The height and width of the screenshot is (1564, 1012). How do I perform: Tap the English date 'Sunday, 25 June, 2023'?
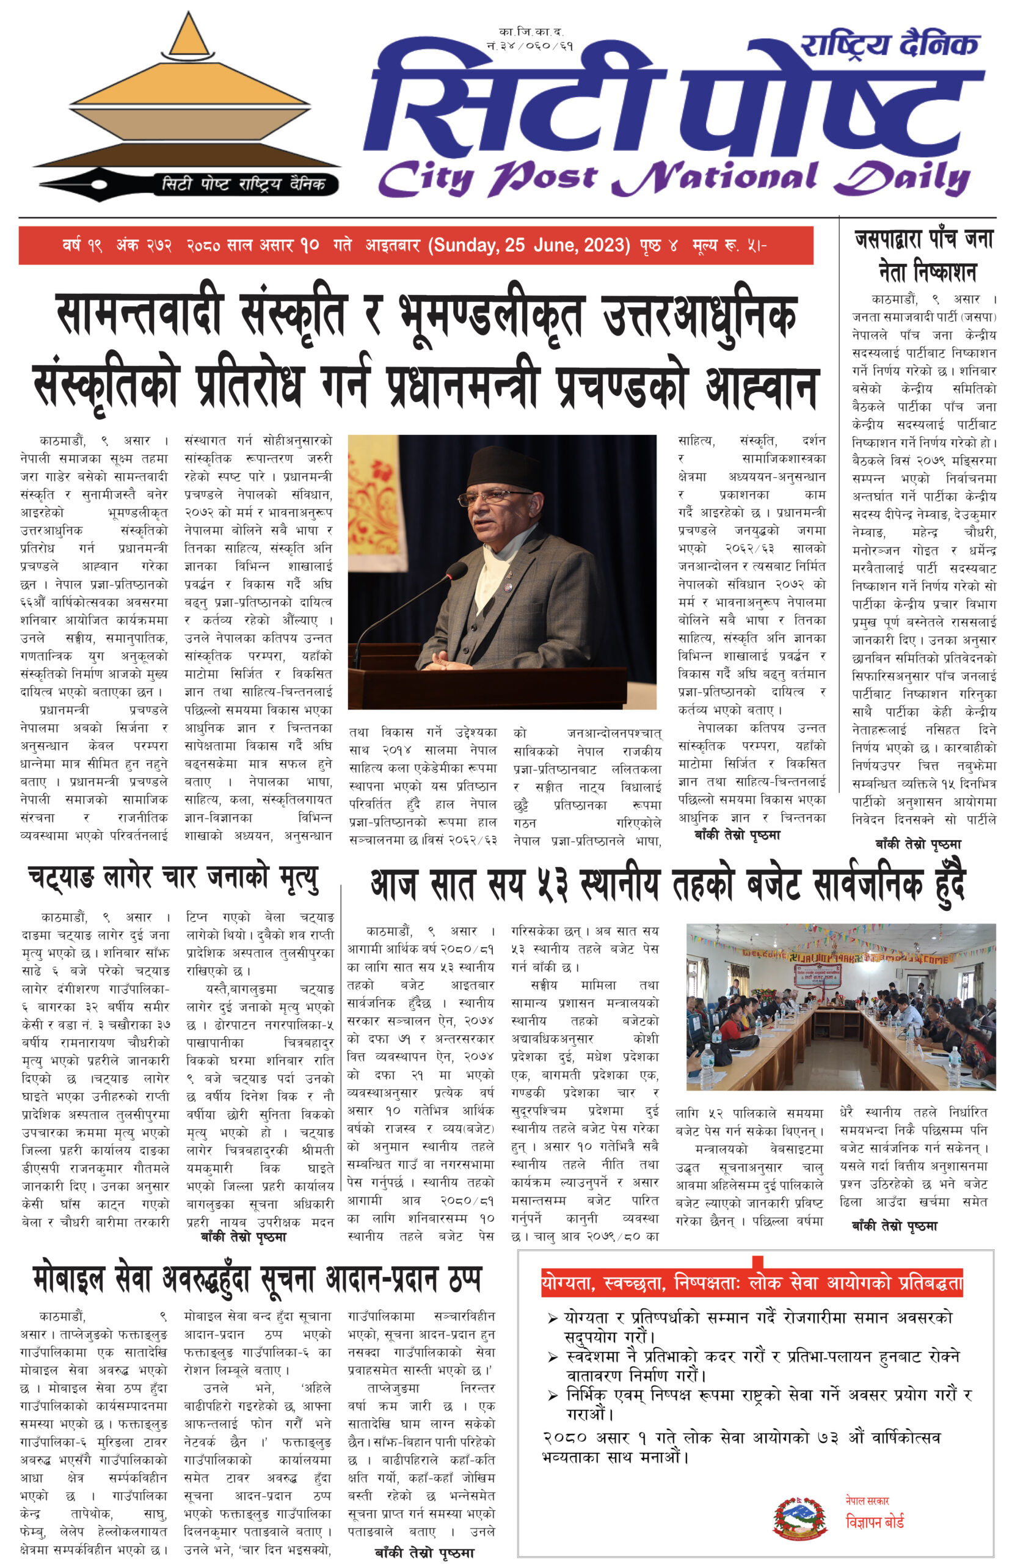tap(529, 246)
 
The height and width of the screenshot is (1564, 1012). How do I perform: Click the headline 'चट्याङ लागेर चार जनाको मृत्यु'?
tap(173, 879)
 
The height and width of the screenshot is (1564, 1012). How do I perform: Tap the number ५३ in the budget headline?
tap(544, 885)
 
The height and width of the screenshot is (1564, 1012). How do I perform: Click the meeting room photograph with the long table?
tap(840, 1006)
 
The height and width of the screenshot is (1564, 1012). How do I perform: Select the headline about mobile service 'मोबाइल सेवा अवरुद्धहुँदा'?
tap(257, 1278)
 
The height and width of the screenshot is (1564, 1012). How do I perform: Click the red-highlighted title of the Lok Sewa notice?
tap(752, 1282)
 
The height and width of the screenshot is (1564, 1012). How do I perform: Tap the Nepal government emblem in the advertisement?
tap(799, 1518)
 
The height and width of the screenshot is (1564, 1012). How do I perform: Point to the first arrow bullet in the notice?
tap(553, 1318)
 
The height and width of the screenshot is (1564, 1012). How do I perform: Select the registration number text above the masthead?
tap(530, 38)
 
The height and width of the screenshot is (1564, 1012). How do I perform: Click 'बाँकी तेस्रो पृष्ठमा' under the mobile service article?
tap(424, 1552)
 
